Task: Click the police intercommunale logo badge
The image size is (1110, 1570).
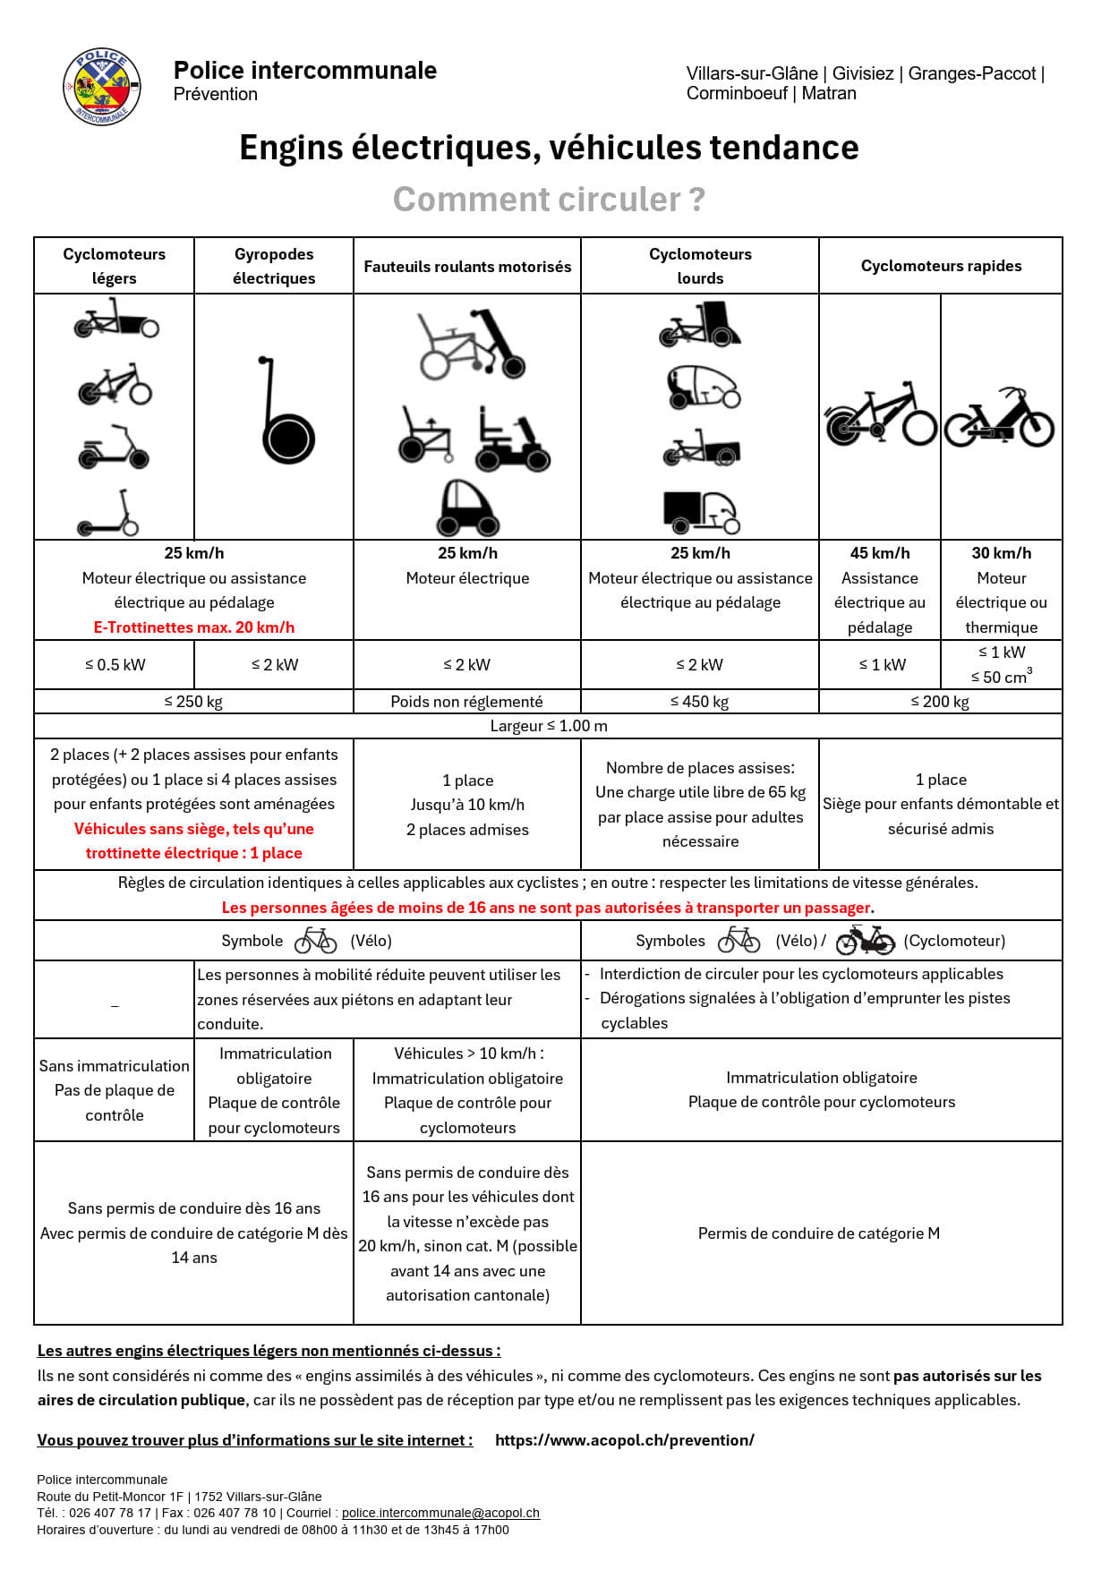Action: point(101,87)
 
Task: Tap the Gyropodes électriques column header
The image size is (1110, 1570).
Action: point(274,266)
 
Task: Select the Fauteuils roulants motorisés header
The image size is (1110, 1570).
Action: point(467,267)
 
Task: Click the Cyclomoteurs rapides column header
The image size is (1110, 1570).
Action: point(941,266)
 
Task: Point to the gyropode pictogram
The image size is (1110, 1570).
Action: point(286,412)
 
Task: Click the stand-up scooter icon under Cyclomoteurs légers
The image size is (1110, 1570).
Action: point(108,514)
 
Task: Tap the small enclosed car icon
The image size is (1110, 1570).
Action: point(467,508)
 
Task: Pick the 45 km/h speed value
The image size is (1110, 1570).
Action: point(879,553)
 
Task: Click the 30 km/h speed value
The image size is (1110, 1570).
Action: point(1001,553)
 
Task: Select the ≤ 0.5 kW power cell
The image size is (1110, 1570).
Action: point(115,665)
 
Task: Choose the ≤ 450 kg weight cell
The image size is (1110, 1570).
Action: point(699,702)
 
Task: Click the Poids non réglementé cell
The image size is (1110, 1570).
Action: point(466,702)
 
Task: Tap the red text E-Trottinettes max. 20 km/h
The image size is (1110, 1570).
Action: point(194,627)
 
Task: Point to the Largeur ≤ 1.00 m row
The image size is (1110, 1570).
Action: point(548,726)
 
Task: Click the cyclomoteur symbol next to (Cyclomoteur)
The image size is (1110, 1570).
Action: point(865,941)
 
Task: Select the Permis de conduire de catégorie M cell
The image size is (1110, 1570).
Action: point(819,1233)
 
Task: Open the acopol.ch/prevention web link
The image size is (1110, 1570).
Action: point(624,1440)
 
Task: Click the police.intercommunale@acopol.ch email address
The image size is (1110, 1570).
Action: point(440,1513)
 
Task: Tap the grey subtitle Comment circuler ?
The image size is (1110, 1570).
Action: point(549,200)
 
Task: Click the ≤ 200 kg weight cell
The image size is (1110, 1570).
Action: point(940,702)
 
